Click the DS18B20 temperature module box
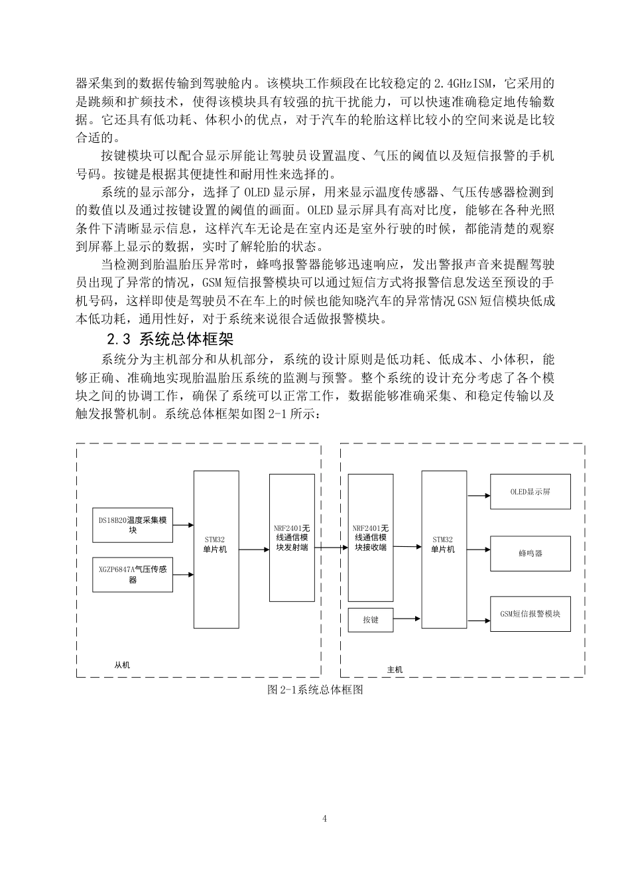tap(133, 525)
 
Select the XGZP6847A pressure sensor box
tap(133, 574)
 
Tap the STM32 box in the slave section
tap(216, 549)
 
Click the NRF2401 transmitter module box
tap(292, 538)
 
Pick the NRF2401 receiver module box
tap(371, 538)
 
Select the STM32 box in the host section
tap(444, 549)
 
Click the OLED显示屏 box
tap(530, 492)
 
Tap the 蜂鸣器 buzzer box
tap(530, 553)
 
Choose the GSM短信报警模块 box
tap(530, 614)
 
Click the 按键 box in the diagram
tap(371, 620)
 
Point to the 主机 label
tap(395, 669)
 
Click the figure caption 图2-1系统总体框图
tap(315, 690)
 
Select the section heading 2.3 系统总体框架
tap(170, 340)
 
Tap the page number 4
tap(325, 818)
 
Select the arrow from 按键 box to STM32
tap(407, 620)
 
